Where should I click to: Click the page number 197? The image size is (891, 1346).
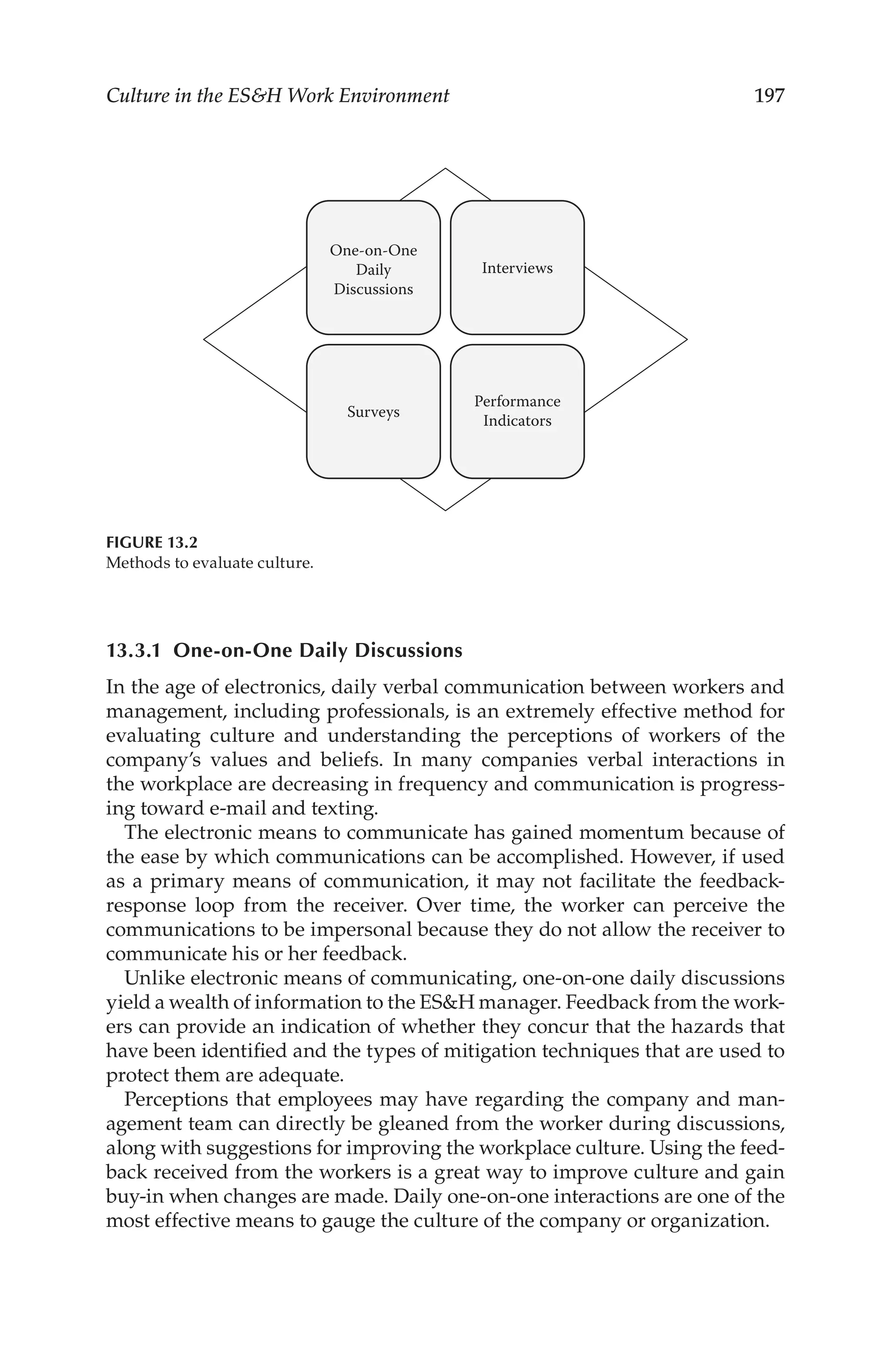click(768, 95)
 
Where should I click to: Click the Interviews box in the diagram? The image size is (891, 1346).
click(517, 268)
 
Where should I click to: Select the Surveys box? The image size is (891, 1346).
click(373, 411)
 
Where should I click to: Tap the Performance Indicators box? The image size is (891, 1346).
click(517, 411)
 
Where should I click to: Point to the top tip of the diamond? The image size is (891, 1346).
click(445, 169)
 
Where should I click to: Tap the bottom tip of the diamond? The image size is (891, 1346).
click(445, 509)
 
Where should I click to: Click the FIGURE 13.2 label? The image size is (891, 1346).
click(152, 543)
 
